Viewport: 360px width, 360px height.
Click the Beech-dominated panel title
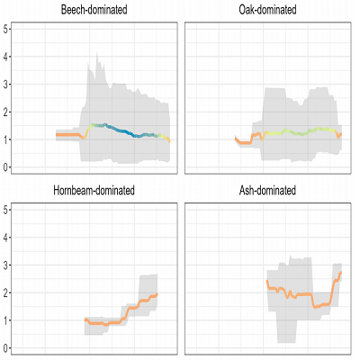94,10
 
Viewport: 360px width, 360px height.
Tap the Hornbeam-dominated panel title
94,191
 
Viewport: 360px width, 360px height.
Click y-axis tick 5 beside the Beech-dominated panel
7,29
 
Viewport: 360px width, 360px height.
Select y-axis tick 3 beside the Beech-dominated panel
7,85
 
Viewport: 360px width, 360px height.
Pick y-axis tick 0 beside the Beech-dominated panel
7,167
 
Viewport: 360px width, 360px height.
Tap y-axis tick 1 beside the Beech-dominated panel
7,139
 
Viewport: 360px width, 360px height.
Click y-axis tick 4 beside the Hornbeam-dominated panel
7,238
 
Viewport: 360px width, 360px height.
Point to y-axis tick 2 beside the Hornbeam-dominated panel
7,293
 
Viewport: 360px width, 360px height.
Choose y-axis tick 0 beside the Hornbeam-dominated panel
7,348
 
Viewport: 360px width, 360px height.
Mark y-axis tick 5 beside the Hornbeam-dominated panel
7,211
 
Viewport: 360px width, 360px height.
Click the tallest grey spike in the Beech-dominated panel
96,55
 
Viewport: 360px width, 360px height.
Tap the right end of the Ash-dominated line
341,273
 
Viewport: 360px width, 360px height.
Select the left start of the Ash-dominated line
267,282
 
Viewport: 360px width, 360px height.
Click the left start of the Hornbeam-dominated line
85,319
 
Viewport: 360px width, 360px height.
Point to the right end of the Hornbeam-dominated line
157,294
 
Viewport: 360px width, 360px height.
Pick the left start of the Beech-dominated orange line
56,134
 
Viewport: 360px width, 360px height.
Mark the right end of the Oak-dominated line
341,133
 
